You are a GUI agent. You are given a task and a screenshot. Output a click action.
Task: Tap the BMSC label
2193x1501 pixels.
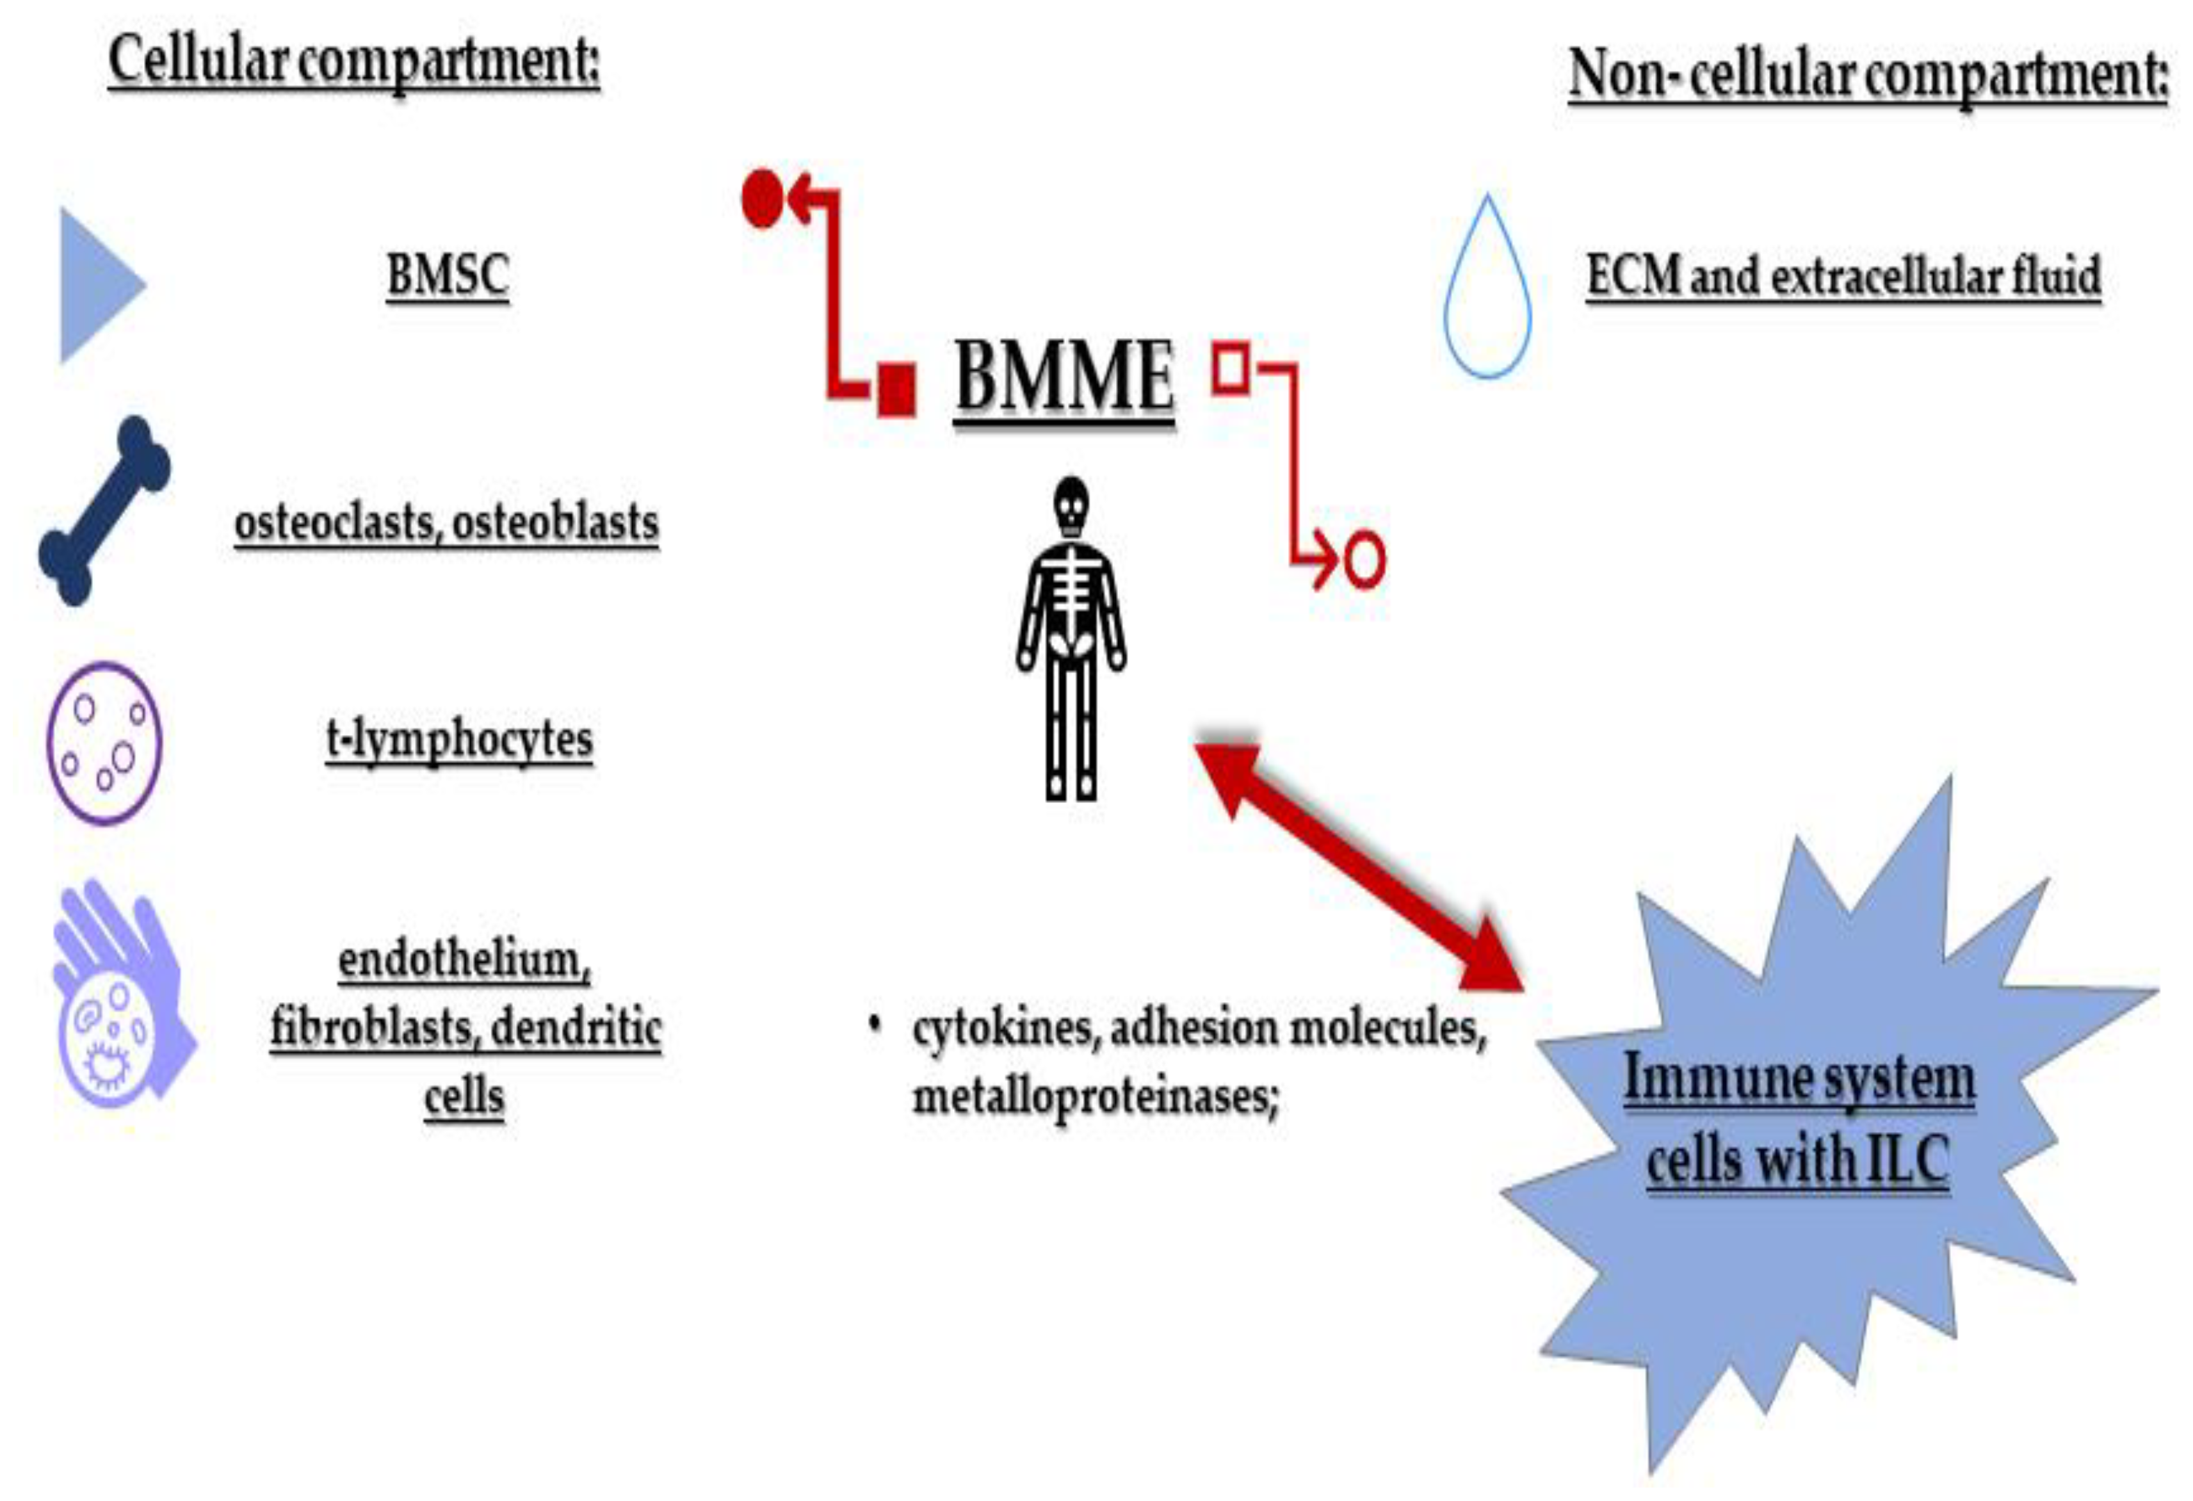tap(448, 275)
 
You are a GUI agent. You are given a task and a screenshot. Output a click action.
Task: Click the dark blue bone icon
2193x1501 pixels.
tap(104, 510)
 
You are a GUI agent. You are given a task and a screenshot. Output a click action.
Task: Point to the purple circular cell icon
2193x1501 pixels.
tap(104, 743)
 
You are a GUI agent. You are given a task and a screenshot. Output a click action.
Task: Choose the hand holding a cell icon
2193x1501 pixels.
tap(118, 1001)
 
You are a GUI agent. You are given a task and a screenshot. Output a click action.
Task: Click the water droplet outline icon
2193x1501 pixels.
tap(1487, 293)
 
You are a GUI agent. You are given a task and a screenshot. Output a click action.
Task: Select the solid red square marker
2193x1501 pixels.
tap(896, 389)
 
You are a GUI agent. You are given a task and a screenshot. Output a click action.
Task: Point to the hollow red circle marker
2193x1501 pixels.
tap(1364, 561)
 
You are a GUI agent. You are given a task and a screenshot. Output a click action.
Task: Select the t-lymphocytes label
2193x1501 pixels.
tap(460, 739)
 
